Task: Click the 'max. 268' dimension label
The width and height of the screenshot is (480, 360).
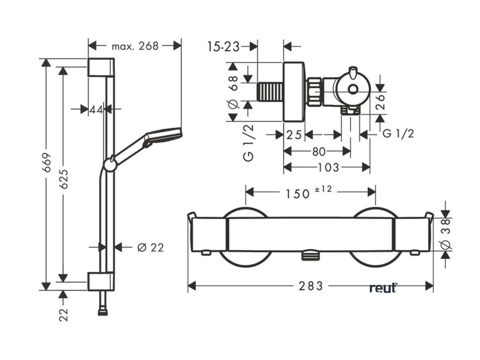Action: tap(135, 46)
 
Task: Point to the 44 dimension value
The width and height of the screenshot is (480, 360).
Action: tap(96, 109)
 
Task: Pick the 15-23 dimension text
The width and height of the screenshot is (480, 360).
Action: tap(223, 46)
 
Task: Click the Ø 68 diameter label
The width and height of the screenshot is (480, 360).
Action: tap(234, 91)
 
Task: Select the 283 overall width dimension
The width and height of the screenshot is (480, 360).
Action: tap(310, 285)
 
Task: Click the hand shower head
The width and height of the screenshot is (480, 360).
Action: tap(163, 135)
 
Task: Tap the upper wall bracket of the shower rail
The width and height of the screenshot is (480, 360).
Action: tap(100, 67)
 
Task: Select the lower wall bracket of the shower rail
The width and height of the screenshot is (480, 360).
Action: tap(100, 280)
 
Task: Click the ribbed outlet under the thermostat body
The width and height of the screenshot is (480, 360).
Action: tap(310, 255)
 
